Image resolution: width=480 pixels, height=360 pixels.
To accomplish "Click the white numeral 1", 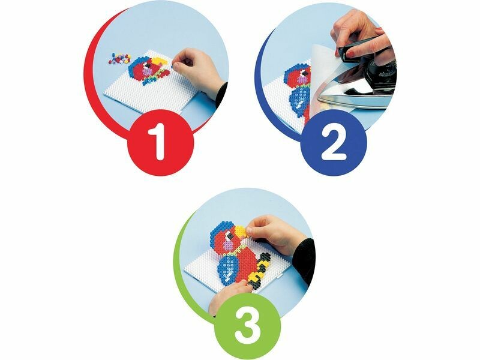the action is tap(160, 142).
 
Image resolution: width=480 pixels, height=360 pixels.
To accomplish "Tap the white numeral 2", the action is tap(334, 142).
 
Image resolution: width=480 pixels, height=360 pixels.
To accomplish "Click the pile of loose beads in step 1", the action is tap(120, 58).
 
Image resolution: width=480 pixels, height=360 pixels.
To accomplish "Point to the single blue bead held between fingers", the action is tap(173, 65).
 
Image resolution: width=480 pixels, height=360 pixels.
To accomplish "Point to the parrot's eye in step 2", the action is tap(304, 73).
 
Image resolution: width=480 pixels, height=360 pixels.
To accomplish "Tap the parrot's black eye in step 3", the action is tap(229, 235).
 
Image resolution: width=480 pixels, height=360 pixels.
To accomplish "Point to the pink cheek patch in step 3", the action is tap(227, 245).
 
